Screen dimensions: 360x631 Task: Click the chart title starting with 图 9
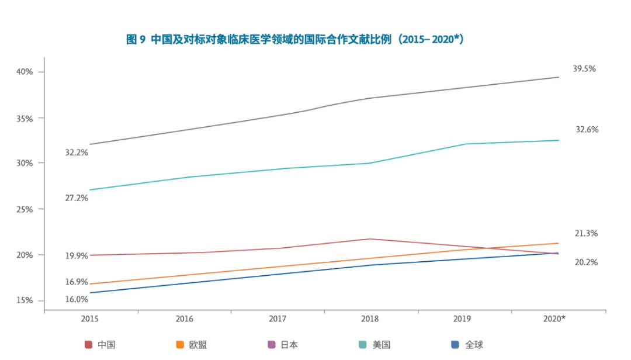295,40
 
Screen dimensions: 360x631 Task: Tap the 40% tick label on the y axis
26,72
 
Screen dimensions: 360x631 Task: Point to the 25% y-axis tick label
26,209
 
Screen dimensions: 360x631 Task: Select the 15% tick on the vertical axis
26,300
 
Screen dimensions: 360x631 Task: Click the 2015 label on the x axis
90,319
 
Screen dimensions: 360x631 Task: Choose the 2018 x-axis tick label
370,319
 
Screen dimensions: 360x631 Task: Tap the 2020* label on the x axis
554,319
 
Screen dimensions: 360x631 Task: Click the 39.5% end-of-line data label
584,69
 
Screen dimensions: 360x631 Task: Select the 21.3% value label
586,234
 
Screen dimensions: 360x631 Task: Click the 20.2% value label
586,262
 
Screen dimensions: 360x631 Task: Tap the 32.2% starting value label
77,153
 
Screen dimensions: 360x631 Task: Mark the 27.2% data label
77,198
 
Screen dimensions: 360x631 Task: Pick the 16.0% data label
77,300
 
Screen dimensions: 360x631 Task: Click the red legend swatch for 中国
89,345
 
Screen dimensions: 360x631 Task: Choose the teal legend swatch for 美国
363,345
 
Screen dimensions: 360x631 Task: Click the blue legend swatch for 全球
455,345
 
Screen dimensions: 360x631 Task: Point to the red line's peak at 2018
370,239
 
